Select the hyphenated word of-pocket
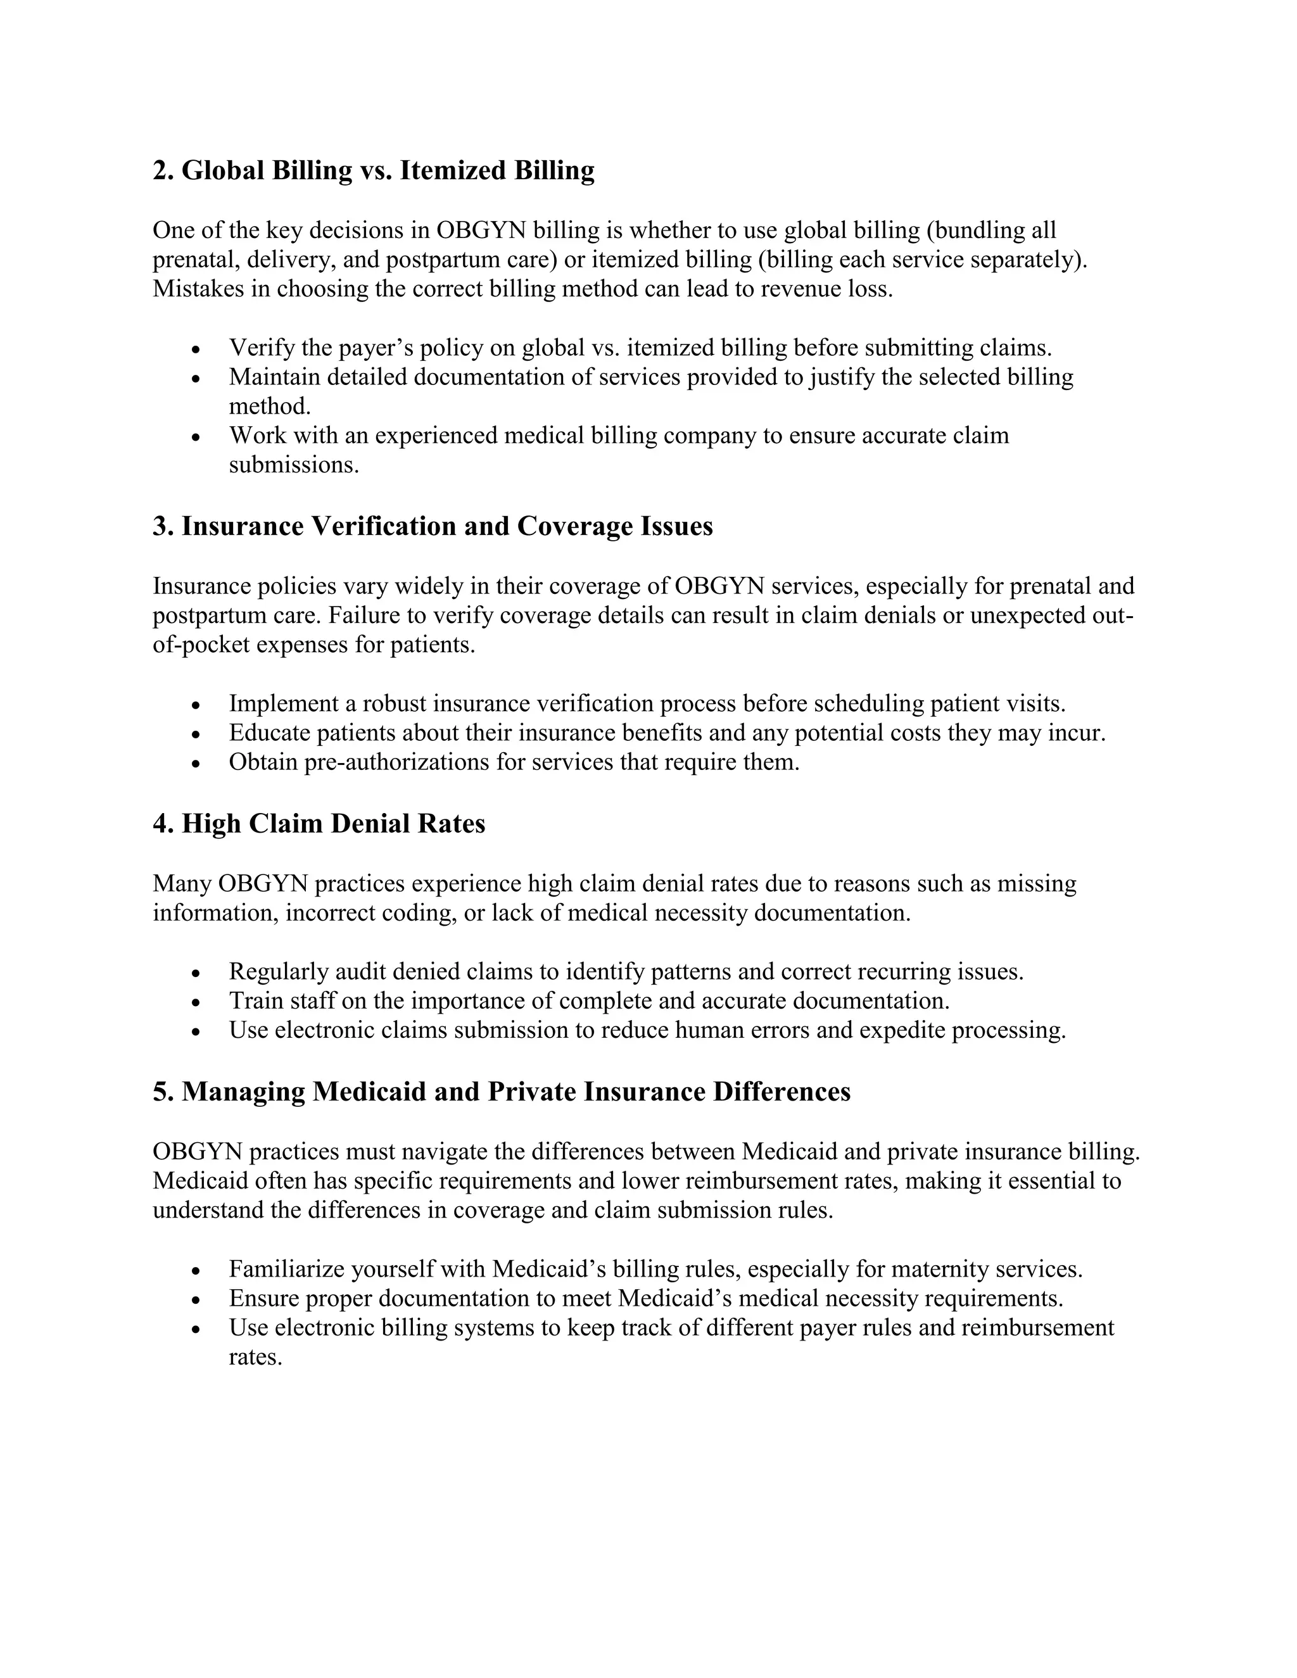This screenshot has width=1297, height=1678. [x=201, y=645]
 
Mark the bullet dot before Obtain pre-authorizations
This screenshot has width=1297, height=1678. [x=197, y=764]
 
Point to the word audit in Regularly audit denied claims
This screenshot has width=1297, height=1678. [x=360, y=972]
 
